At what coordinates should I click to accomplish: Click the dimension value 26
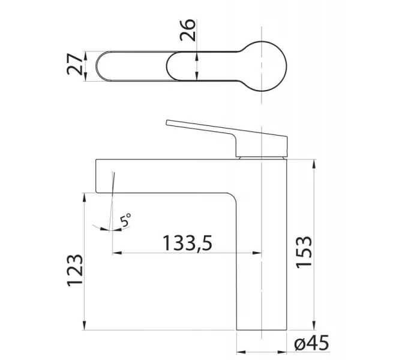(188, 29)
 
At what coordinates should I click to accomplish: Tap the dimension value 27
(74, 64)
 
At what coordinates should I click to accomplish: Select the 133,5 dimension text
(187, 243)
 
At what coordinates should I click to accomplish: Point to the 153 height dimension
(304, 252)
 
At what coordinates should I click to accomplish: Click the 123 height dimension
(75, 271)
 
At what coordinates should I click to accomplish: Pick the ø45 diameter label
(312, 343)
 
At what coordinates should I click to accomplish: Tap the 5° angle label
(126, 220)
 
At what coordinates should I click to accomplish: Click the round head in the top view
(262, 66)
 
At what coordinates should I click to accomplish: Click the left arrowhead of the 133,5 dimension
(117, 253)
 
